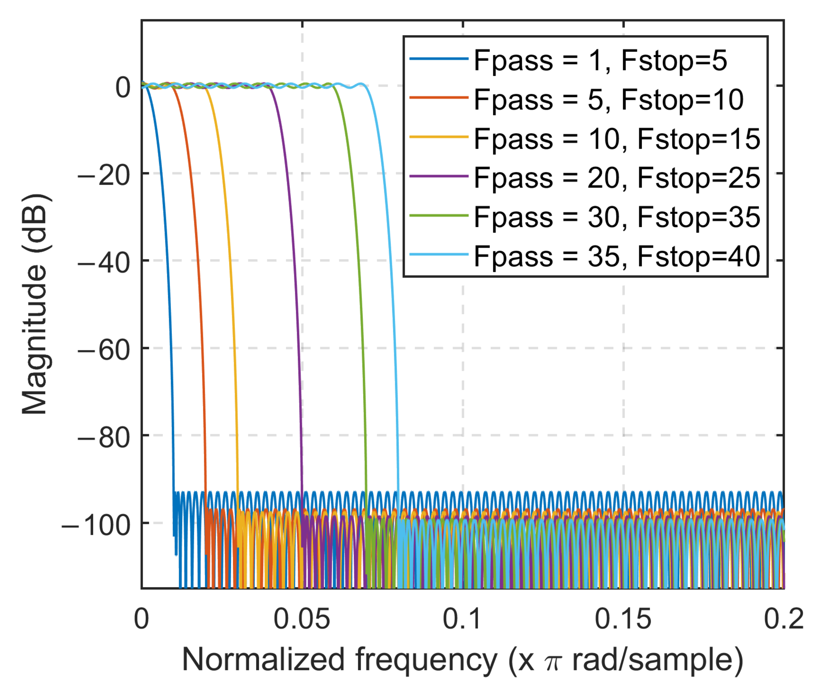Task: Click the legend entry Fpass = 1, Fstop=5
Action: point(600,61)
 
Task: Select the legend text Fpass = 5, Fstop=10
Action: point(608,99)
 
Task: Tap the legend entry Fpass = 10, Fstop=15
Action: point(617,139)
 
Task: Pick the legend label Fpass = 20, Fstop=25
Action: point(617,178)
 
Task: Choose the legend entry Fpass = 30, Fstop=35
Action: point(617,217)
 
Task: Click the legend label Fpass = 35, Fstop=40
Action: point(617,256)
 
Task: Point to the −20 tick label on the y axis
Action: point(104,175)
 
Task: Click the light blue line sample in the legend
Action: point(439,255)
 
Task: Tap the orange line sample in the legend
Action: point(439,98)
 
